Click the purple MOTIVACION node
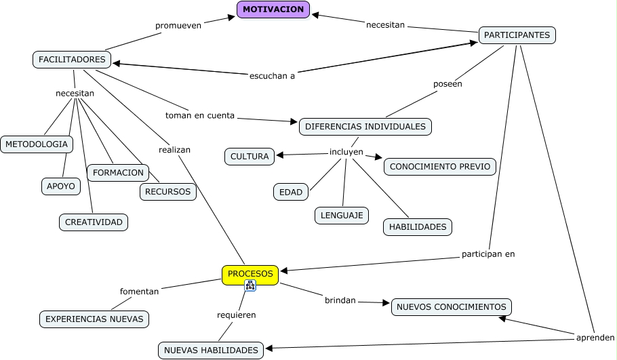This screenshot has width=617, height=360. (x=273, y=9)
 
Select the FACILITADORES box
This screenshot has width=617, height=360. (x=72, y=60)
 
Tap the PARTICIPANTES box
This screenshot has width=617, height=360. (x=517, y=35)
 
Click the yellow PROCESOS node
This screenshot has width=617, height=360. (x=250, y=274)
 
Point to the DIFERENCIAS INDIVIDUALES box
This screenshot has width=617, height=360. (x=365, y=127)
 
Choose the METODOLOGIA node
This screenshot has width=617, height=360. (x=37, y=144)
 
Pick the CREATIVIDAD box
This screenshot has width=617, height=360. (x=94, y=222)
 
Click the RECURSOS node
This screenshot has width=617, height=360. (x=168, y=193)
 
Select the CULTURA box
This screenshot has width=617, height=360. (x=250, y=157)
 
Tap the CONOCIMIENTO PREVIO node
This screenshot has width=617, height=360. (x=440, y=167)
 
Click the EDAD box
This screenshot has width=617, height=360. (x=291, y=193)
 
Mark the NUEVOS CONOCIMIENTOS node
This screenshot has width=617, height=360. (x=451, y=307)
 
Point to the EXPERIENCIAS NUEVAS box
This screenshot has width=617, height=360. (x=94, y=319)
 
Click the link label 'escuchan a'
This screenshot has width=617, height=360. (x=272, y=75)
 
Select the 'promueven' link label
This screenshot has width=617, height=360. (x=178, y=26)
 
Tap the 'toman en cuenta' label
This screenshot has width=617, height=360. (x=200, y=115)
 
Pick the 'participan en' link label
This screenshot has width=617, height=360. (x=488, y=254)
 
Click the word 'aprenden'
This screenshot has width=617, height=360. (x=595, y=337)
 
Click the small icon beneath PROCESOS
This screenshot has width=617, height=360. (x=250, y=286)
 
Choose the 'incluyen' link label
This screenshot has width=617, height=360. (x=346, y=152)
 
